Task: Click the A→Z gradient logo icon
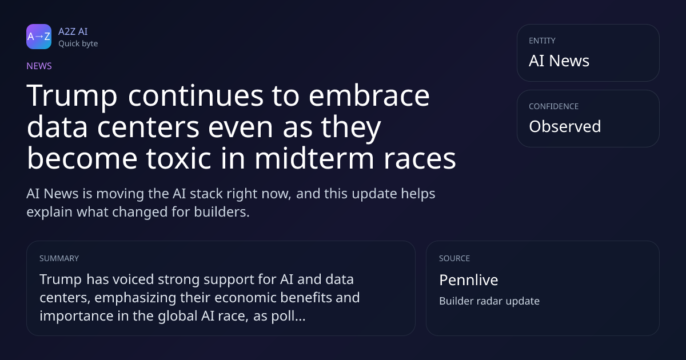tap(39, 37)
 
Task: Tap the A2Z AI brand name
tap(73, 31)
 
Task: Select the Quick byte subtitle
tap(78, 44)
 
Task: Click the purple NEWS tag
tap(39, 66)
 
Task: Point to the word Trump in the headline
tap(72, 97)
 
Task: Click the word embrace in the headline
tap(369, 95)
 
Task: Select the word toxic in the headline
tap(178, 158)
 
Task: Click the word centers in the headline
tap(148, 128)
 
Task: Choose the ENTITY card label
tap(542, 41)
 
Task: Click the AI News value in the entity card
tap(559, 61)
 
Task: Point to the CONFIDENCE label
tap(554, 106)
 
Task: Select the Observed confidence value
tap(565, 126)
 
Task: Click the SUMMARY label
tap(59, 258)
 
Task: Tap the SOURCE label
tap(454, 258)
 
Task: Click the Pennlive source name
tap(469, 280)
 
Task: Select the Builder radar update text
tap(489, 301)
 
